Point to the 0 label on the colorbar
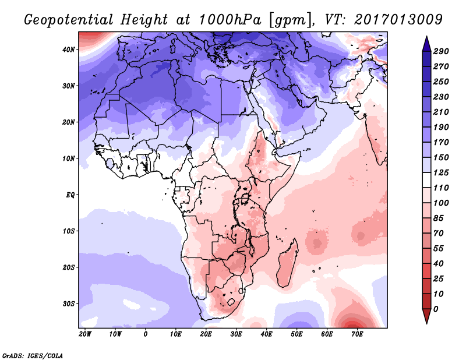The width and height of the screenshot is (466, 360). click(x=436, y=309)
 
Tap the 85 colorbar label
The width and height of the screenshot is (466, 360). click(x=439, y=219)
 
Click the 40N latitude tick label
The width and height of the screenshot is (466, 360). click(x=69, y=50)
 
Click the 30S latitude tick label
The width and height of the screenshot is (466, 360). click(x=69, y=303)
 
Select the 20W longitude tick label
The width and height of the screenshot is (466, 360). click(x=84, y=334)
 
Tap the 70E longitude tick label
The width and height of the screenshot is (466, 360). click(x=356, y=334)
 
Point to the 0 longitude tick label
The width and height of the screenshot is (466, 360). click(x=145, y=334)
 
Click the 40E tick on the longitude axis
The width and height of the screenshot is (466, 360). click(x=266, y=334)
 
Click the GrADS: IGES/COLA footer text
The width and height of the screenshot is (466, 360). click(x=33, y=355)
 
